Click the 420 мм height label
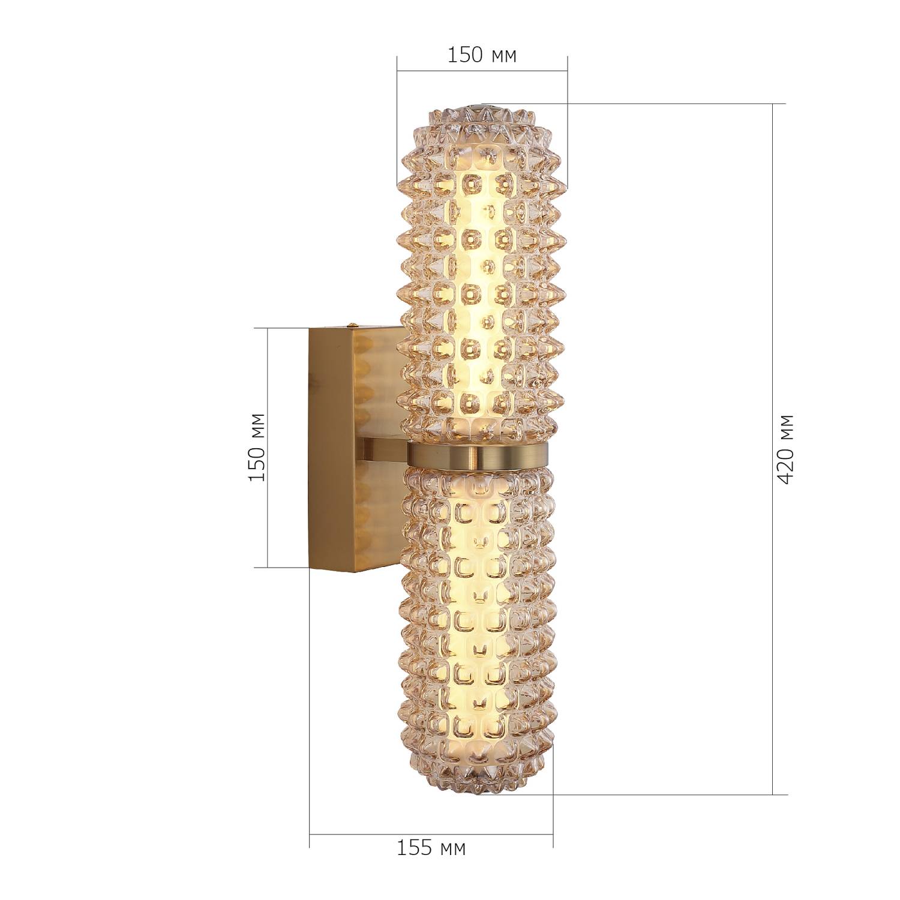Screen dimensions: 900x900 coord(785,449)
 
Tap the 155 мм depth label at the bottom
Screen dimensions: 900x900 coord(431,848)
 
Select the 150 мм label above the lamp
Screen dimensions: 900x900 coord(482,55)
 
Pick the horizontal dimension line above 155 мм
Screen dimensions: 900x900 coord(431,834)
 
